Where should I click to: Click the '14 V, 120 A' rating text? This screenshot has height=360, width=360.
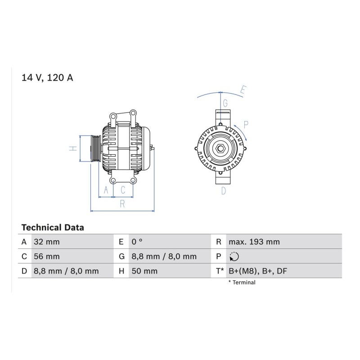[x=47, y=77]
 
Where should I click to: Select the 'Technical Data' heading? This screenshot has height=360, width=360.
[x=53, y=228]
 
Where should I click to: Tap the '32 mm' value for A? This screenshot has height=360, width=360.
[x=47, y=242]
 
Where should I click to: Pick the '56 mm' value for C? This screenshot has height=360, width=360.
[x=47, y=256]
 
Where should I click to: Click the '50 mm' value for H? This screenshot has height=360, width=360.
[x=144, y=271]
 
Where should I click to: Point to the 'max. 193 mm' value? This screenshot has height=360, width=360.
[x=254, y=242]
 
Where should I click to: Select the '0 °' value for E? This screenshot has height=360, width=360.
[x=137, y=242]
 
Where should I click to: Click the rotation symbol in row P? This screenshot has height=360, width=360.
[x=234, y=256]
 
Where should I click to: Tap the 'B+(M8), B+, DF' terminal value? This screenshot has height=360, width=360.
[x=258, y=271]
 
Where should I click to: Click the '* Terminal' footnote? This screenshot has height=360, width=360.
[x=242, y=283]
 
